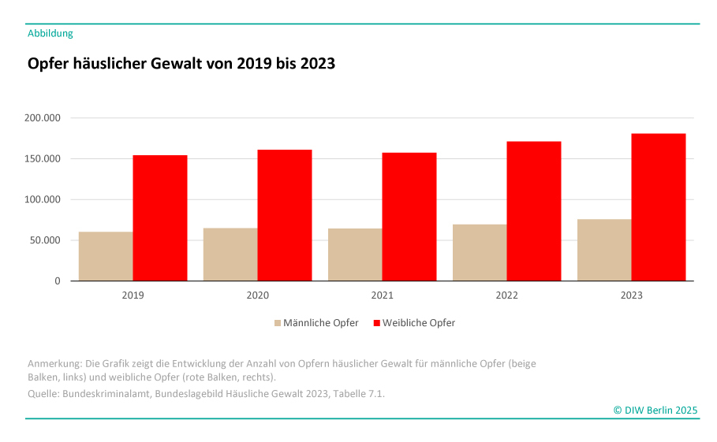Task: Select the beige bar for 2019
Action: pyautogui.click(x=106, y=256)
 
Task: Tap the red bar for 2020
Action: pyautogui.click(x=285, y=215)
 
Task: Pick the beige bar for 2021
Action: pyautogui.click(x=355, y=254)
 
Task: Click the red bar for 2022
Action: pyautogui.click(x=534, y=211)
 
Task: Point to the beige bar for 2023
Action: pyautogui.click(x=604, y=250)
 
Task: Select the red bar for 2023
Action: pyautogui.click(x=659, y=207)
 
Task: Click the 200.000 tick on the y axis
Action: pyautogui.click(x=43, y=118)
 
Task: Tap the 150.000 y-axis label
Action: pyautogui.click(x=43, y=159)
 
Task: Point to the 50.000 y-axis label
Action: pyautogui.click(x=45, y=240)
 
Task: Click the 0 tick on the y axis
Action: pyautogui.click(x=57, y=281)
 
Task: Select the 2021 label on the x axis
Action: pyautogui.click(x=382, y=296)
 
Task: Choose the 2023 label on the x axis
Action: pyautogui.click(x=631, y=296)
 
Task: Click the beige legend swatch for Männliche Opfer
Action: pyautogui.click(x=278, y=323)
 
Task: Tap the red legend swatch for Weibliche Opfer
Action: pyautogui.click(x=376, y=323)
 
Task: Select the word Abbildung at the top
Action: pyautogui.click(x=50, y=33)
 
